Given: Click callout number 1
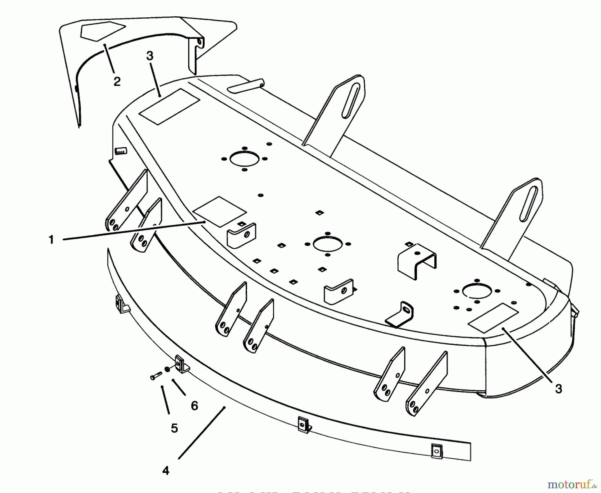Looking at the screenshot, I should (51, 240).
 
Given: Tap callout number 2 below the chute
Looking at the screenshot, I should (117, 81).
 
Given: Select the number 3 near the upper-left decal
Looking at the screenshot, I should (150, 56).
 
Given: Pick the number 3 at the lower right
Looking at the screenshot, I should (558, 389).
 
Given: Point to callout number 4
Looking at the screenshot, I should (166, 471).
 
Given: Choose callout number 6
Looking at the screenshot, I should (194, 406).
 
